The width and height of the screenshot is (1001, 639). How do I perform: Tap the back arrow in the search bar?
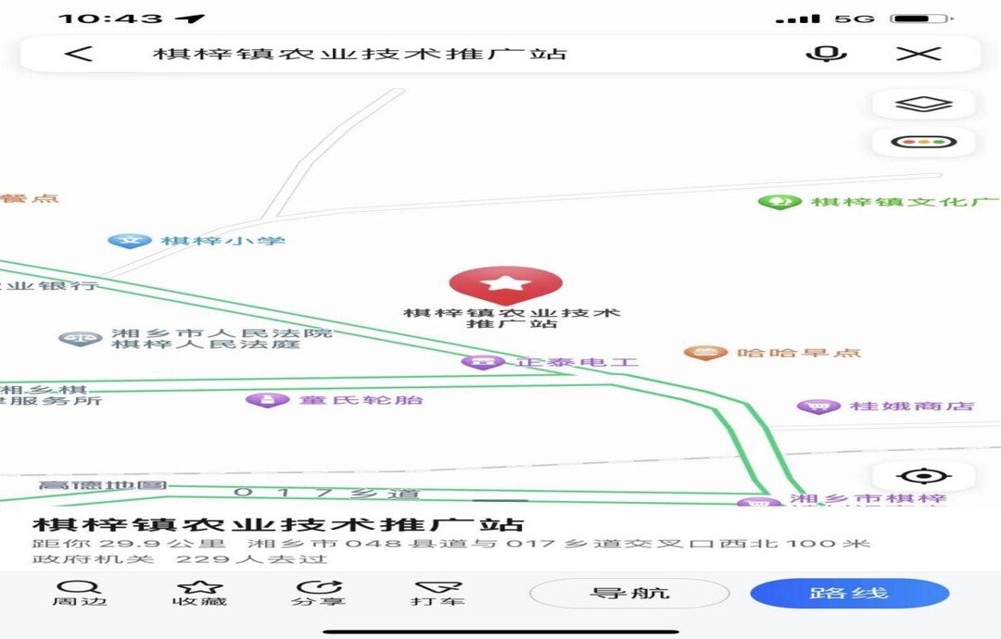pyautogui.click(x=79, y=54)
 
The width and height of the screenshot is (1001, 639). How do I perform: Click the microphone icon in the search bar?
pyautogui.click(x=826, y=54)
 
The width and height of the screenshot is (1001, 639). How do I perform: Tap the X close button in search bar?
pyautogui.click(x=919, y=54)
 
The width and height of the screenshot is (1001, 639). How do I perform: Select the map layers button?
pyautogui.click(x=924, y=105)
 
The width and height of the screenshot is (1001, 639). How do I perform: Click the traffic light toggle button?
pyautogui.click(x=924, y=143)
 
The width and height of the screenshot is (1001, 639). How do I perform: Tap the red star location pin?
pyautogui.click(x=506, y=283)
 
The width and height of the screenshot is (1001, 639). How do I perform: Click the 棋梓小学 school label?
pyautogui.click(x=222, y=242)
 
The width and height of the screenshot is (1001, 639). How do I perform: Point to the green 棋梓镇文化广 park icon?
pyautogui.click(x=779, y=201)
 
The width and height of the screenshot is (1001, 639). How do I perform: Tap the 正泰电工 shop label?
pyautogui.click(x=577, y=362)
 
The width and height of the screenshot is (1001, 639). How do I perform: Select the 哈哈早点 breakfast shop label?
pyautogui.click(x=798, y=353)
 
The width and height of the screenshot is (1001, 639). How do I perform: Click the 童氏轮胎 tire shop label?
pyautogui.click(x=361, y=400)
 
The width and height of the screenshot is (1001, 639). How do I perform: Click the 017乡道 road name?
pyautogui.click(x=326, y=493)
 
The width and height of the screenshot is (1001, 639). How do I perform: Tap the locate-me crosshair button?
pyautogui.click(x=923, y=477)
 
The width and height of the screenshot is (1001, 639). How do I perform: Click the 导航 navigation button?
pyautogui.click(x=629, y=594)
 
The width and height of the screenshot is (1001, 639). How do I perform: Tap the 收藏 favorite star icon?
pyautogui.click(x=200, y=587)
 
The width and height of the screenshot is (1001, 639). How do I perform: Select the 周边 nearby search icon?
pyautogui.click(x=79, y=587)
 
